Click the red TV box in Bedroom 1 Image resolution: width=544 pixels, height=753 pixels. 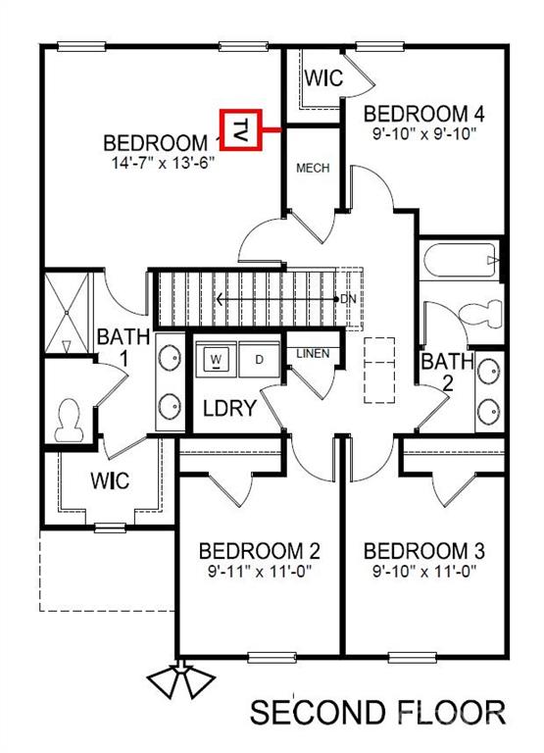(x=240, y=129)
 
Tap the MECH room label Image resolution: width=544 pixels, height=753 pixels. (x=313, y=168)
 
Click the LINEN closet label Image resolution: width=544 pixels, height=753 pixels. (x=313, y=354)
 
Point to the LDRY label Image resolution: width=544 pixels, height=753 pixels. (x=230, y=408)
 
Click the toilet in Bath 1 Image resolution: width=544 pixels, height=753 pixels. (x=68, y=421)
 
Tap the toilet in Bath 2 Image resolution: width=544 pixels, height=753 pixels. (x=480, y=314)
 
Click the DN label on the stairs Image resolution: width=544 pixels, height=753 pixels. (x=349, y=300)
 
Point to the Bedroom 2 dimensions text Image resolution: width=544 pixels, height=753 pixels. (x=260, y=572)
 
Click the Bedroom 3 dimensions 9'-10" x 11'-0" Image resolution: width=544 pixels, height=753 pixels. (x=424, y=572)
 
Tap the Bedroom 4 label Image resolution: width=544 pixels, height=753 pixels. (x=424, y=114)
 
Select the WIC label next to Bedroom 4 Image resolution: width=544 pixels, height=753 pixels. (x=324, y=77)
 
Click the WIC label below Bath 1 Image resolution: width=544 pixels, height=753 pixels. (x=110, y=480)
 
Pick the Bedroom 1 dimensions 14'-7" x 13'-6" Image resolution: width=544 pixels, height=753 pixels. (x=163, y=163)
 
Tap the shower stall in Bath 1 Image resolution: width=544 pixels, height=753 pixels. (x=67, y=313)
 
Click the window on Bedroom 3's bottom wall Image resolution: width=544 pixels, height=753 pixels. (x=413, y=657)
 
